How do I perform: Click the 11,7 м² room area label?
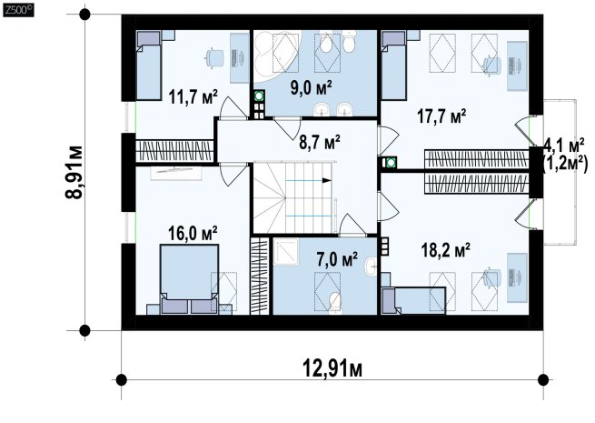click(193, 96)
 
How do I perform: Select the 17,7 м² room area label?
click(441, 116)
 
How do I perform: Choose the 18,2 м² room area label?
click(446, 249)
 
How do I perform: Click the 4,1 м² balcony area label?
click(563, 144)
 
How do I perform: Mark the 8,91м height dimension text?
click(74, 172)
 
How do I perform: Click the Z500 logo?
click(18, 10)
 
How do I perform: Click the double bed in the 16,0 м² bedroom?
click(189, 279)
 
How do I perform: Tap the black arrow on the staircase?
click(326, 180)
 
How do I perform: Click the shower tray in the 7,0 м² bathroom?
click(286, 252)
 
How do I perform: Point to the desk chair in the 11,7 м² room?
click(214, 57)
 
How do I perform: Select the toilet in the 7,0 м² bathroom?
click(335, 303)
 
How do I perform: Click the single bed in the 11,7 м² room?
click(149, 65)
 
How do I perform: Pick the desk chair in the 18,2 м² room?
click(491, 278)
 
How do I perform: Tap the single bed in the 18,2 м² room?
click(413, 300)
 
